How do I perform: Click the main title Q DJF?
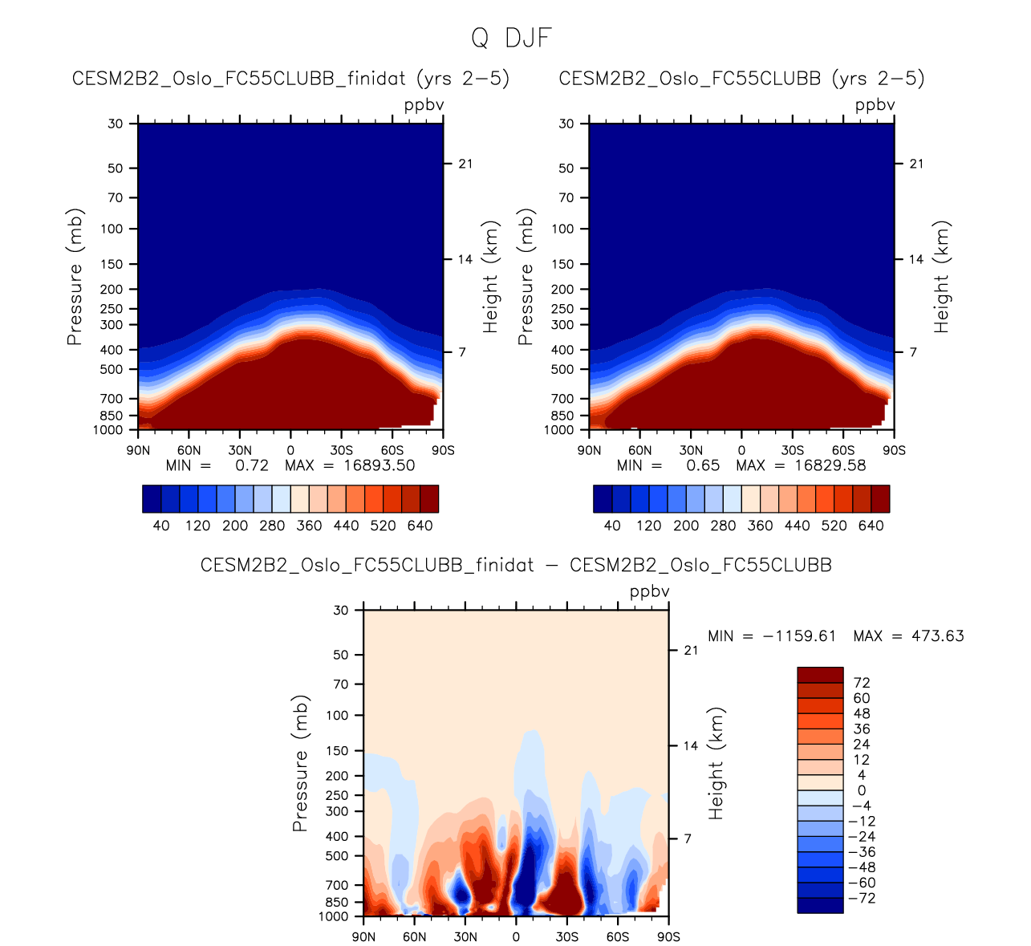pyautogui.click(x=511, y=38)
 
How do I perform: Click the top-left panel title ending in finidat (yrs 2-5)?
pyautogui.click(x=290, y=79)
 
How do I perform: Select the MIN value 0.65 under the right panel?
pyautogui.click(x=703, y=465)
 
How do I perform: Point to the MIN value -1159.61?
pyautogui.click(x=799, y=636)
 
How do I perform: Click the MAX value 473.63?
pyautogui.click(x=938, y=636)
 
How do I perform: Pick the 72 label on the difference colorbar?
pyautogui.click(x=863, y=683)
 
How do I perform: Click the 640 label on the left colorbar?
pyautogui.click(x=420, y=526)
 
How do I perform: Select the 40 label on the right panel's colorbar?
pyautogui.click(x=612, y=526)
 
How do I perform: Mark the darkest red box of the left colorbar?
pyautogui.click(x=429, y=498)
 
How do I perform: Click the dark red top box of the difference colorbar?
pyautogui.click(x=820, y=675)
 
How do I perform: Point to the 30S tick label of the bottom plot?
pyautogui.click(x=566, y=937)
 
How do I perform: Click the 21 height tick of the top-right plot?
pyautogui.click(x=916, y=164)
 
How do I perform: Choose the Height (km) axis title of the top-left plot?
pyautogui.click(x=491, y=277)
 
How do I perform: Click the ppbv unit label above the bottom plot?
pyautogui.click(x=649, y=592)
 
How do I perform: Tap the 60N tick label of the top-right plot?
pyautogui.click(x=640, y=451)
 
